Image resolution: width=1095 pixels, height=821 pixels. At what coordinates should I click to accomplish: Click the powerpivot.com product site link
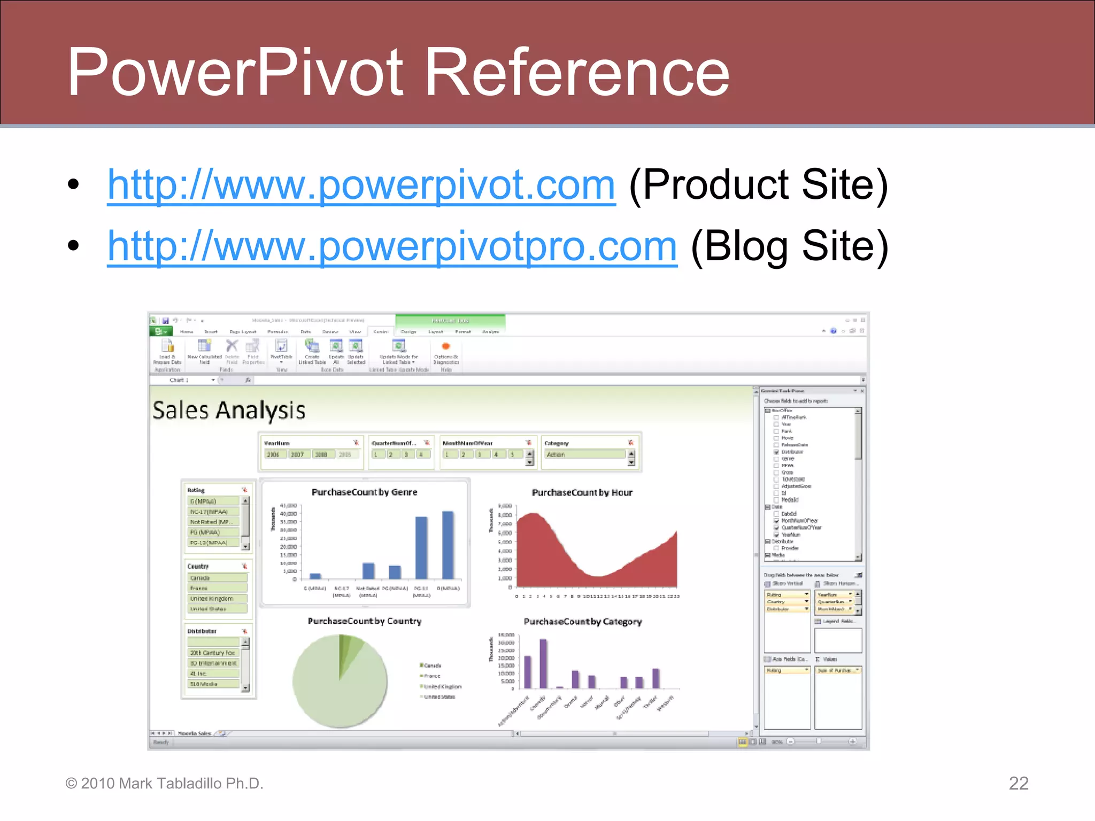tap(361, 185)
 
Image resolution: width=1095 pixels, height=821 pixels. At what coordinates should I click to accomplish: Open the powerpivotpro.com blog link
tap(392, 246)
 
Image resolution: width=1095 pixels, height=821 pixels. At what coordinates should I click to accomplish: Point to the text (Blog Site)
tap(789, 246)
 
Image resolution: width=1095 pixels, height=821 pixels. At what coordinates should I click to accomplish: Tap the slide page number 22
tap(1018, 783)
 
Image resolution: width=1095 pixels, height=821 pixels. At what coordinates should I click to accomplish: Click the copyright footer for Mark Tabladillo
tap(164, 784)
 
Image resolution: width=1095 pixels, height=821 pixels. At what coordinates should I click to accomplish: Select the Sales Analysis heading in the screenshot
tap(229, 410)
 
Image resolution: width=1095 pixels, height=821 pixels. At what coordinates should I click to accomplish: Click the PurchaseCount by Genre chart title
tap(364, 492)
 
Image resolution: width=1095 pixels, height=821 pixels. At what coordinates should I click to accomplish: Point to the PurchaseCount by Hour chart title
tap(582, 493)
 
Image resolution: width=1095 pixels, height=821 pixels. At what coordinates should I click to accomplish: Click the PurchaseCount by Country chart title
tap(364, 621)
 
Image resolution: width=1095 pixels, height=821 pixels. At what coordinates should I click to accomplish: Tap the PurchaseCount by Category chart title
tap(582, 622)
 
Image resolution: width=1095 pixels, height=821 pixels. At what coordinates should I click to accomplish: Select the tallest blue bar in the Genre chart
tap(448, 545)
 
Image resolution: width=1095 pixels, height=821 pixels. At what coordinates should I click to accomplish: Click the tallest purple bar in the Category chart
tap(543, 663)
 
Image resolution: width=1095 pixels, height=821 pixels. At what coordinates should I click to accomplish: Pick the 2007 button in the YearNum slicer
tap(297, 454)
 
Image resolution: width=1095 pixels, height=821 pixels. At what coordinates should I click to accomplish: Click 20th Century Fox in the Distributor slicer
tap(213, 653)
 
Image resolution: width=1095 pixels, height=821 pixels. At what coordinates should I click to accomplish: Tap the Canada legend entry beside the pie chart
tap(432, 665)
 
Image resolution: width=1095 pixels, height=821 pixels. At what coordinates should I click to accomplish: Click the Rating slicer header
tap(196, 490)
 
